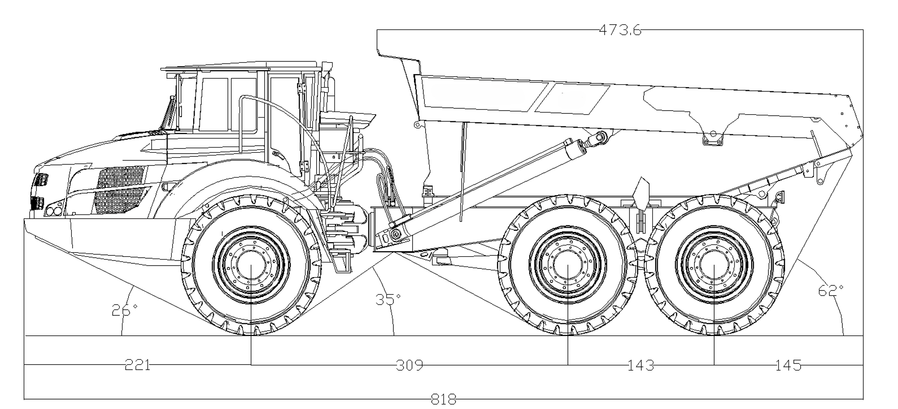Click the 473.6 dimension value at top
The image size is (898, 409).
coord(619,30)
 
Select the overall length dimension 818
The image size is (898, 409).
coord(443,400)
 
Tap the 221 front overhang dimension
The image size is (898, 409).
coord(138,364)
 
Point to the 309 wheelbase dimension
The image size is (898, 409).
coord(409,364)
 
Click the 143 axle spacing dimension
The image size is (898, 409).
coord(640,364)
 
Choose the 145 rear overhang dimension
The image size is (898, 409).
coord(788,364)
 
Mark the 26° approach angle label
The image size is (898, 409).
coord(124,310)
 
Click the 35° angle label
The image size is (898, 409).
coord(388,299)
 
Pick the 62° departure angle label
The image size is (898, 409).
coord(831,290)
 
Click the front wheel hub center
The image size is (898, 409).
coord(251,265)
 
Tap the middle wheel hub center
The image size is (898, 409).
coord(567,265)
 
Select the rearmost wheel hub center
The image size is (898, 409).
coord(714,265)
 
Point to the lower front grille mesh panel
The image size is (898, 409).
coord(120,200)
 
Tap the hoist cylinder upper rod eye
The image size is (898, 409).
coord(600,137)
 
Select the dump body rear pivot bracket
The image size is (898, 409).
coord(713,137)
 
